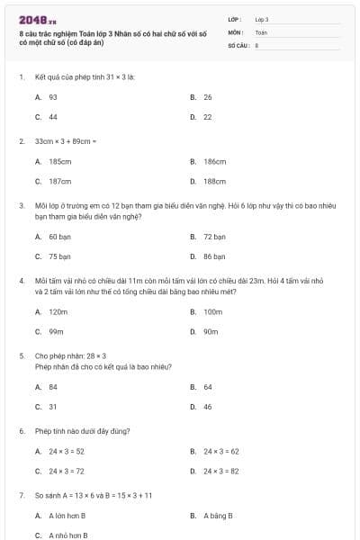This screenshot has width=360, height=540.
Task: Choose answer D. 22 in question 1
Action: pos(202,117)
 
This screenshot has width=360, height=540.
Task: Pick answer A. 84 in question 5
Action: pos(47,387)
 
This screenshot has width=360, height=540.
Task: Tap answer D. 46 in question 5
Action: pos(202,407)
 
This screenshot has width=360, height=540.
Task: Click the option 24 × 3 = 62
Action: pos(221,451)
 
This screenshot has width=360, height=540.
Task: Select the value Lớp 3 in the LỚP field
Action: pos(262,19)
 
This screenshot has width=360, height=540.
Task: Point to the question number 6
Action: pos(21,431)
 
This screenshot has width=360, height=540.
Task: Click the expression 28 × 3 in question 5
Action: pos(95,355)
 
